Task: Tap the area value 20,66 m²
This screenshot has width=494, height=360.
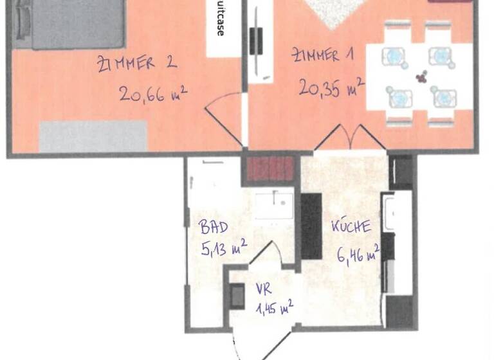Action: point(152,94)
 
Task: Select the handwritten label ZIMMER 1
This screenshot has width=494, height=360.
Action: point(323,56)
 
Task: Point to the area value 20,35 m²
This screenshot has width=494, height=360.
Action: point(331,86)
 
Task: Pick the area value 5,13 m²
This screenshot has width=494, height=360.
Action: point(223,249)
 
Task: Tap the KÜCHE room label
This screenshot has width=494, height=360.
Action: point(351,226)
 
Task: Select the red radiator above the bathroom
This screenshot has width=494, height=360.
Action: point(270,169)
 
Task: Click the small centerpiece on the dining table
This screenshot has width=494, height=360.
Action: point(421,77)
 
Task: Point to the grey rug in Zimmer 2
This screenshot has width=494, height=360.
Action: point(93,136)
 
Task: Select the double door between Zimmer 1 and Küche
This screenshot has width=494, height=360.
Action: point(350,138)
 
